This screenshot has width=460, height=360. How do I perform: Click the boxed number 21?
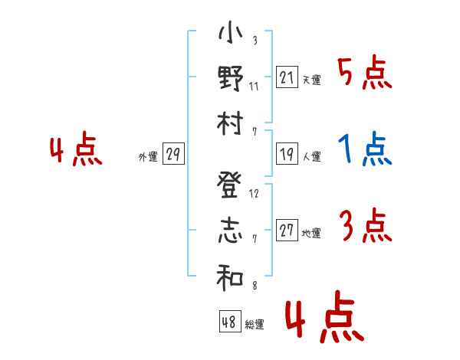[x=287, y=77]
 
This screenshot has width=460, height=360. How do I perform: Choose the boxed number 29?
[x=173, y=155]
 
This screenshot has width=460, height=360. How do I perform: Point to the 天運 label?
[x=311, y=80]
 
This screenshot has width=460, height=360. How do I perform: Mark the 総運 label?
[x=255, y=324]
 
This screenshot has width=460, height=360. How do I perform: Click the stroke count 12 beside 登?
[x=255, y=193]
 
